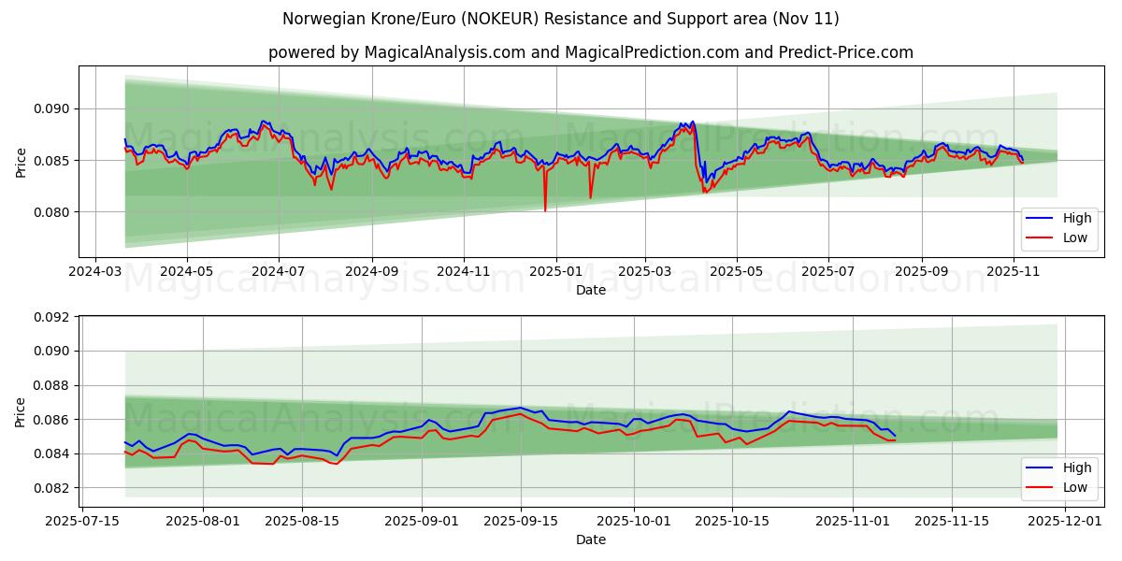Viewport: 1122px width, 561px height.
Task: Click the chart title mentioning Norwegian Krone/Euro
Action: coord(561,19)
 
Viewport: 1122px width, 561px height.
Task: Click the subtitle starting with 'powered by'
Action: coord(590,52)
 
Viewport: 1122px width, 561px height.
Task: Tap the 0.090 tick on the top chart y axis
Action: coord(52,109)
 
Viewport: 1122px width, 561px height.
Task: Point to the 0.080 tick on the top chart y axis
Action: coord(52,212)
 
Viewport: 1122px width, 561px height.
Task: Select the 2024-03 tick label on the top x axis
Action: coord(95,271)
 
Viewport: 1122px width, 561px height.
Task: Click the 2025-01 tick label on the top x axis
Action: coord(556,271)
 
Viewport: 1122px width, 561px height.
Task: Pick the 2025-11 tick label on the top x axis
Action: coord(1014,271)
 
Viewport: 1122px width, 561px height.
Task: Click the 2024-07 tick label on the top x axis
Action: coord(280,271)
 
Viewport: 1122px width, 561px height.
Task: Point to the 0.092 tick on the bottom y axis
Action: coord(52,317)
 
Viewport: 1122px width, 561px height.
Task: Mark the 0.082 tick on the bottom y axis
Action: coord(52,488)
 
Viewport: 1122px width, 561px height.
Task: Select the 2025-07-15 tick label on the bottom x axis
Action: coord(82,521)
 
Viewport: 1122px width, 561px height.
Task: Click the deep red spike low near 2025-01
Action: coord(545,210)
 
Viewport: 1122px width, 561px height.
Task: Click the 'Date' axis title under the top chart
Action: coord(590,290)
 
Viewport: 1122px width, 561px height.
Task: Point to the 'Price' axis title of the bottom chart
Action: coord(21,412)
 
